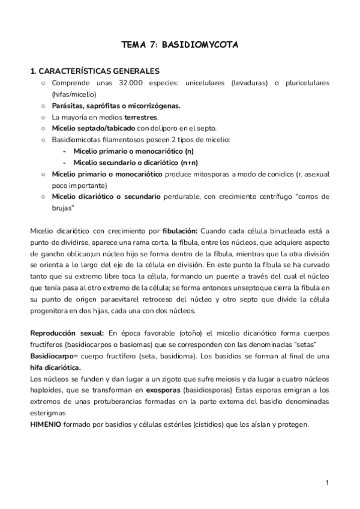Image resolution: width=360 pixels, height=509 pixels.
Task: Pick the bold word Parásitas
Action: [68, 106]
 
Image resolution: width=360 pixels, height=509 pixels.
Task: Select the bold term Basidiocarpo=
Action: [55, 355]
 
